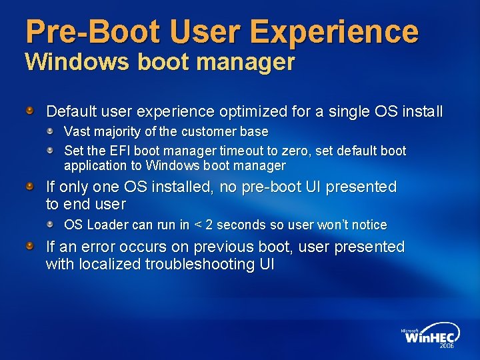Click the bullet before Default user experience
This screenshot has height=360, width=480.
[30, 109]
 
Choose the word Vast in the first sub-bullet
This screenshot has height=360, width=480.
[77, 132]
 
